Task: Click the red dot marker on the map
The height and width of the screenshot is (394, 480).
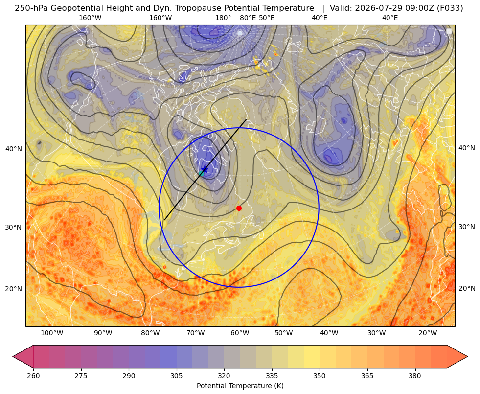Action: pyautogui.click(x=239, y=208)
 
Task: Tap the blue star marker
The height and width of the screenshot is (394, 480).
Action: pyautogui.click(x=205, y=169)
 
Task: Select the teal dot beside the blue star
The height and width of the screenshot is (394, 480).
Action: pyautogui.click(x=201, y=173)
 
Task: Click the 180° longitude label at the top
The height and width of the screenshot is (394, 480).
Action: pyautogui.click(x=223, y=18)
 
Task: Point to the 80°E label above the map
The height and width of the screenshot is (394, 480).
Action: pyautogui.click(x=248, y=18)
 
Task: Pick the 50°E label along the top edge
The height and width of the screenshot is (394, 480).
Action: pyautogui.click(x=267, y=18)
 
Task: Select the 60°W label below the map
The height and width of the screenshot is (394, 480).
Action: pyautogui.click(x=240, y=333)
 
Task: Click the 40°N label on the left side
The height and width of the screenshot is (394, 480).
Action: pyautogui.click(x=14, y=149)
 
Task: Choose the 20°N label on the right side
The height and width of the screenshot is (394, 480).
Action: pyautogui.click(x=467, y=288)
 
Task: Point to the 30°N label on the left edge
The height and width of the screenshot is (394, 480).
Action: pyautogui.click(x=14, y=227)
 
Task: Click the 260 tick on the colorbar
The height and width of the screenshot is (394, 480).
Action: pyautogui.click(x=33, y=376)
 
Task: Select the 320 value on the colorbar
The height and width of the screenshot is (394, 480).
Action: pyautogui.click(x=224, y=376)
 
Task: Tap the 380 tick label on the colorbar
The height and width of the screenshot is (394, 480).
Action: pyautogui.click(x=415, y=376)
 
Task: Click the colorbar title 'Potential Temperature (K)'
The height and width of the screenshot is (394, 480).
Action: pyautogui.click(x=240, y=386)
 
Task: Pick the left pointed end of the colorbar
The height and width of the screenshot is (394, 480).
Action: pyautogui.click(x=13, y=356)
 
